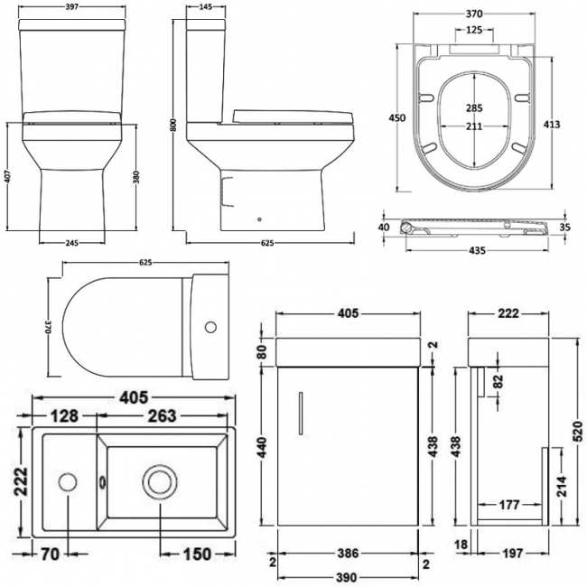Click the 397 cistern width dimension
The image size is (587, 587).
pyautogui.click(x=72, y=7)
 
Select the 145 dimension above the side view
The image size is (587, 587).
pyautogui.click(x=206, y=7)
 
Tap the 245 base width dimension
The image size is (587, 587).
pyautogui.click(x=72, y=243)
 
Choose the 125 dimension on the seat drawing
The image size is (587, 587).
pyautogui.click(x=474, y=30)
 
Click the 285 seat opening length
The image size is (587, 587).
pyautogui.click(x=474, y=107)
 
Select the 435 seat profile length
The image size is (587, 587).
pyautogui.click(x=477, y=250)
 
